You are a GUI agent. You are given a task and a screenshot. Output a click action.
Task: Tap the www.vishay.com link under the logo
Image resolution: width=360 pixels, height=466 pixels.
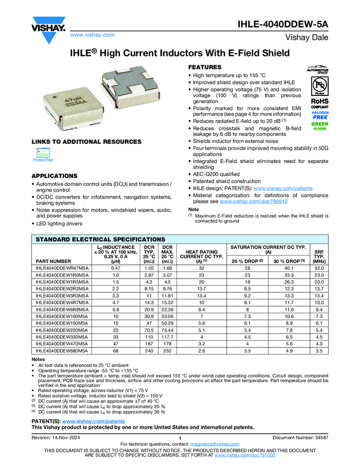(92, 35)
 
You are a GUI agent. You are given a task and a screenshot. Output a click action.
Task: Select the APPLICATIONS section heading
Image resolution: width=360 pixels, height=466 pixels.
(59, 175)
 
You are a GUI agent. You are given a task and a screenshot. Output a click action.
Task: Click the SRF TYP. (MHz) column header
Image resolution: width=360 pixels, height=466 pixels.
(319, 256)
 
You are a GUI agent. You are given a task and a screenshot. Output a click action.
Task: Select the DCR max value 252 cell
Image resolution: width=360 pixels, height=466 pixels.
(168, 350)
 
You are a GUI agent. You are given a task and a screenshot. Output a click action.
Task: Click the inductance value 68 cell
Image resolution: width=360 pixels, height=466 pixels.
(116, 350)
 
